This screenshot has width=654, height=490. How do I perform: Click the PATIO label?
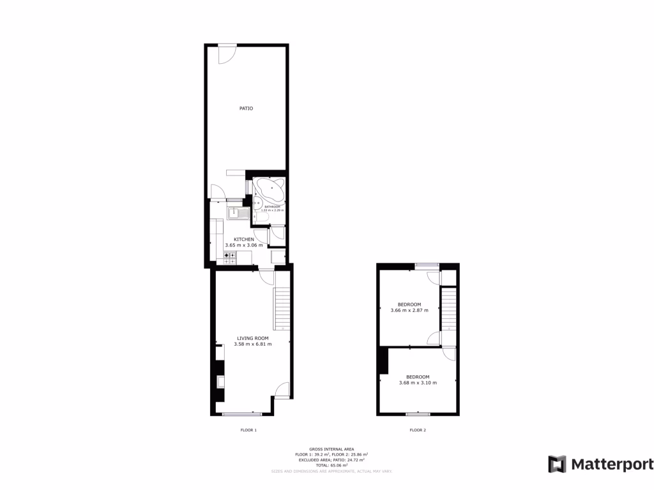(246, 108)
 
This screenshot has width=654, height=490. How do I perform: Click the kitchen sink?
(234, 213)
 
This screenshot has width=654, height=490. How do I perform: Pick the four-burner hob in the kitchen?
(230, 257)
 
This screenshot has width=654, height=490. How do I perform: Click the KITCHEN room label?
(235, 239)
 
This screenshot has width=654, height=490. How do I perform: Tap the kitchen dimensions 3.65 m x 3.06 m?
(244, 245)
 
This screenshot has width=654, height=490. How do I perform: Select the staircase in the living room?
(282, 308)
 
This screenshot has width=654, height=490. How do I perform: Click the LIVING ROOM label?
(253, 338)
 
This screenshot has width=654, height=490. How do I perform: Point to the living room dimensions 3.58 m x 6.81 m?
(253, 344)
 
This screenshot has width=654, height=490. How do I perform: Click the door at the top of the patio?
(227, 54)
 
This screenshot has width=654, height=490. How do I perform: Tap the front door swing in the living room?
(282, 389)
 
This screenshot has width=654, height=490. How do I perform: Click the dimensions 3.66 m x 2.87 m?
(409, 311)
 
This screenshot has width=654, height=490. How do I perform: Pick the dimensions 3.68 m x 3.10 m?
(418, 383)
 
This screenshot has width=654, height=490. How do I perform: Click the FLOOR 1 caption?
(248, 430)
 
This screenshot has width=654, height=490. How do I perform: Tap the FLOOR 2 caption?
(418, 430)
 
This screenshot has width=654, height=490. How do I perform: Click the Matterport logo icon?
(557, 464)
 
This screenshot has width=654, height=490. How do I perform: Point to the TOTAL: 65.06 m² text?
(331, 466)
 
